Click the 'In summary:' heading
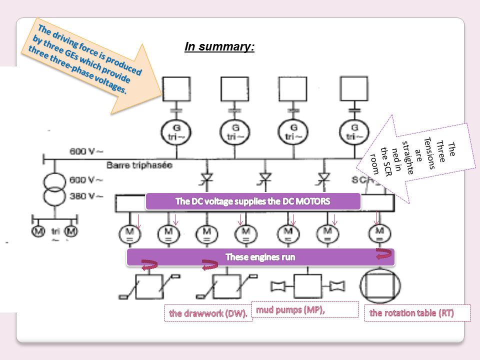pyautogui.click(x=219, y=47)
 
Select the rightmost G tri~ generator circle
pyautogui.click(x=354, y=132)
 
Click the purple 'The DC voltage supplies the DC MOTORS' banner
pyautogui.click(x=253, y=201)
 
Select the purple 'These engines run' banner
pyautogui.click(x=260, y=257)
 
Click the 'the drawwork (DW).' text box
pyautogui.click(x=208, y=313)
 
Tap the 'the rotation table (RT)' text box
pyautogui.click(x=417, y=313)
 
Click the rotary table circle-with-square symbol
pyautogui.click(x=380, y=287)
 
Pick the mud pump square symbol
pyautogui.click(x=307, y=286)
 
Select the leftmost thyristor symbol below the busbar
pyautogui.click(x=205, y=177)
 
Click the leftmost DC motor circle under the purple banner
pyautogui.click(x=129, y=233)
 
